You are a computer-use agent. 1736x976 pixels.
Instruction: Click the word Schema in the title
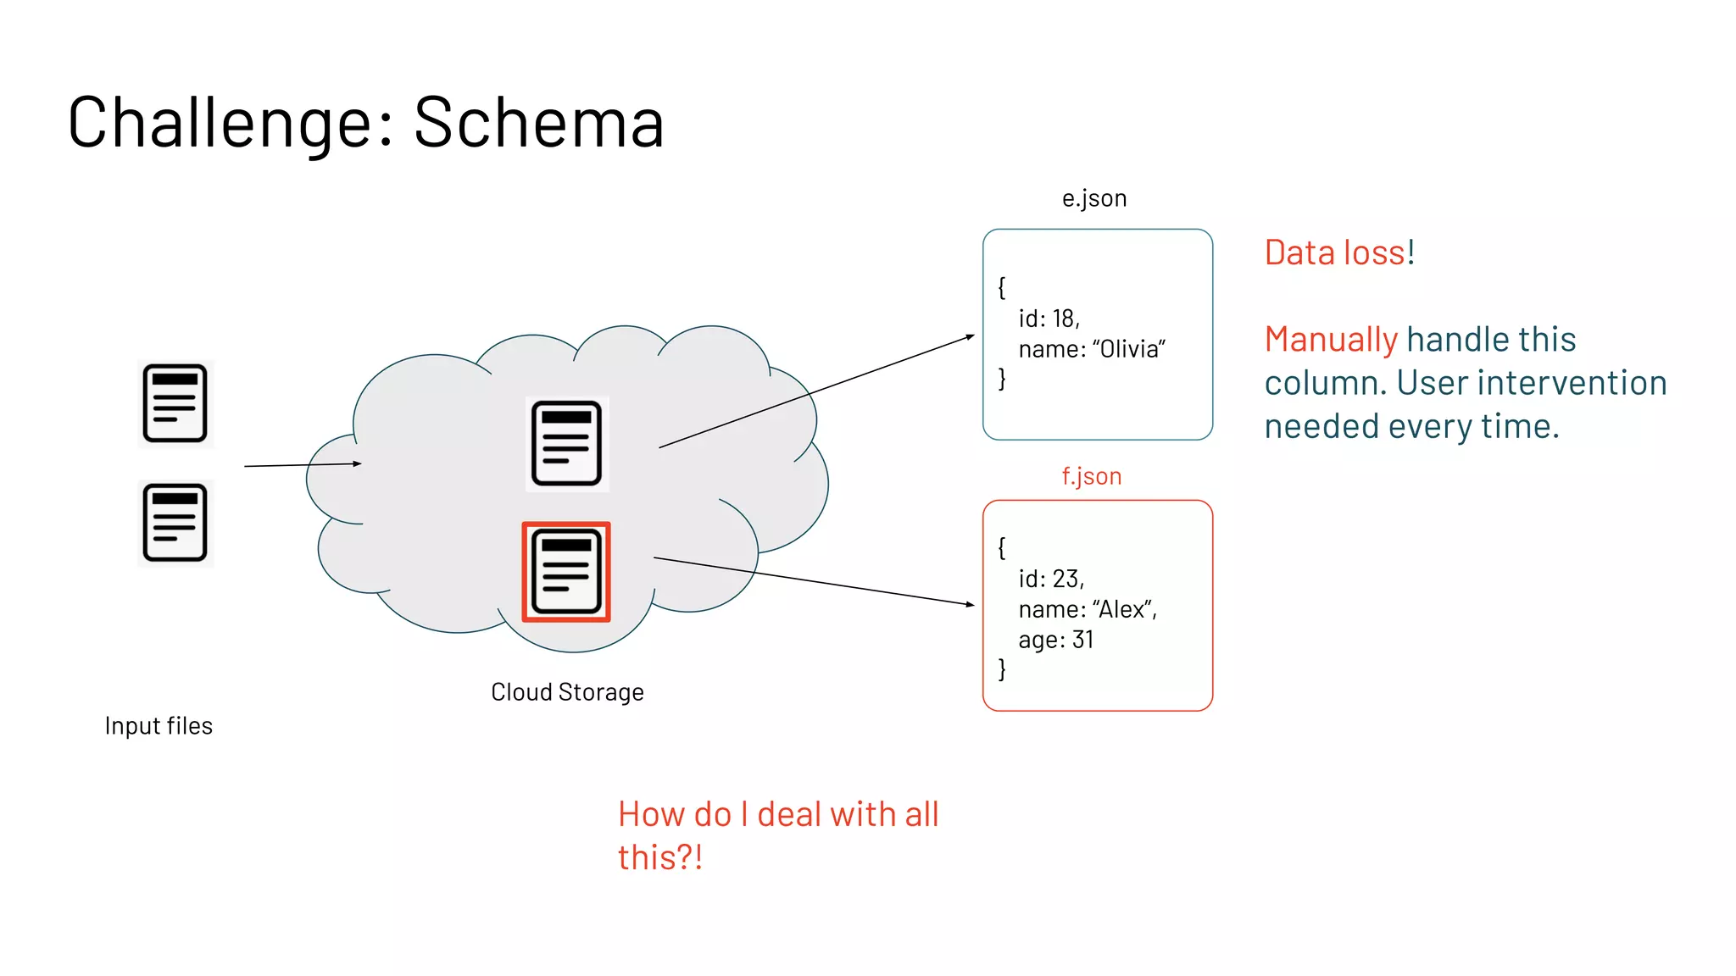(x=538, y=123)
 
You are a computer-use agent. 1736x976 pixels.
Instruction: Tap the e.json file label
(x=1094, y=198)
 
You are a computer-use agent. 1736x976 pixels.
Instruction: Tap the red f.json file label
(x=1092, y=476)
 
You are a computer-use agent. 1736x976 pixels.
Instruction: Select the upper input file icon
(x=175, y=403)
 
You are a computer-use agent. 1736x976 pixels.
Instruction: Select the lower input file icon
(x=175, y=523)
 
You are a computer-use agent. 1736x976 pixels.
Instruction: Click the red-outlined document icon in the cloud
(x=566, y=572)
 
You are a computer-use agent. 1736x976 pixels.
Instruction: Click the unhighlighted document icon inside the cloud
(x=566, y=444)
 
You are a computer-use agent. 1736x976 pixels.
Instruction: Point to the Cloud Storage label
(x=567, y=692)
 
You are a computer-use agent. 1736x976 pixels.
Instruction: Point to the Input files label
(x=159, y=726)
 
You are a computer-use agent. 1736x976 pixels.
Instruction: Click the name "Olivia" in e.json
(x=1128, y=349)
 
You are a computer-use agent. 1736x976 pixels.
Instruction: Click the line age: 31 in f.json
(x=1056, y=640)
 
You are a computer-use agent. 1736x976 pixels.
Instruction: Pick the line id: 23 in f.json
(x=1051, y=579)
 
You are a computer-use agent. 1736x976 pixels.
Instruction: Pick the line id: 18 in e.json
(x=1049, y=319)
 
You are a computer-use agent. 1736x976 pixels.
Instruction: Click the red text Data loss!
(x=1339, y=252)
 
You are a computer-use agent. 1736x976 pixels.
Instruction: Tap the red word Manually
(x=1330, y=340)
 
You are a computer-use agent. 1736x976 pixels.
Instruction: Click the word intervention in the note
(x=1577, y=383)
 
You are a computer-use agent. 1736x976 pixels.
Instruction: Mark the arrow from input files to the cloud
(x=303, y=464)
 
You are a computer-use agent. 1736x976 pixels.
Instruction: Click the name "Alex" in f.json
(x=1124, y=609)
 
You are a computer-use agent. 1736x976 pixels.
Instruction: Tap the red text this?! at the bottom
(x=659, y=857)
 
